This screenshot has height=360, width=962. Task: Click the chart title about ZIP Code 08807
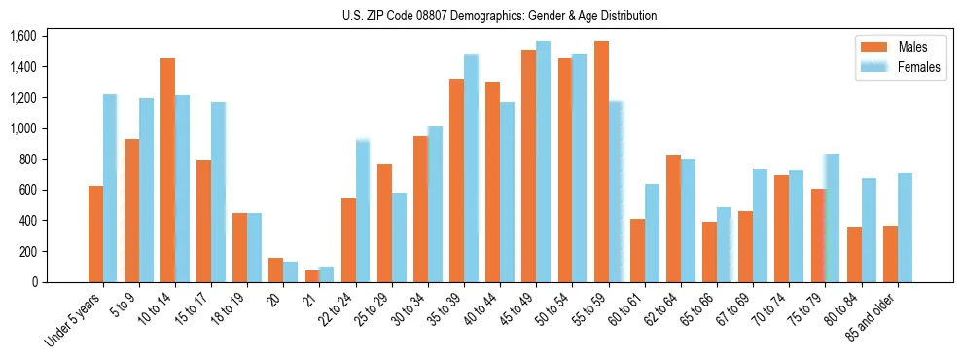point(499,16)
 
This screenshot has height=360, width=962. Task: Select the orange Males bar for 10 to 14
point(167,170)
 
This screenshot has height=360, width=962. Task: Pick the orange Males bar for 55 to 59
point(601,162)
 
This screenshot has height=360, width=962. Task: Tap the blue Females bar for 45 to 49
point(543,162)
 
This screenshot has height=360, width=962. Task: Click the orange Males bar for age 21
point(312,276)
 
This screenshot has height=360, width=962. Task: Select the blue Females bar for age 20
point(291,271)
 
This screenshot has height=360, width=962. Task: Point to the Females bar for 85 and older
point(905,228)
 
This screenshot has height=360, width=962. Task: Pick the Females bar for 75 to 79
point(833,218)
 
